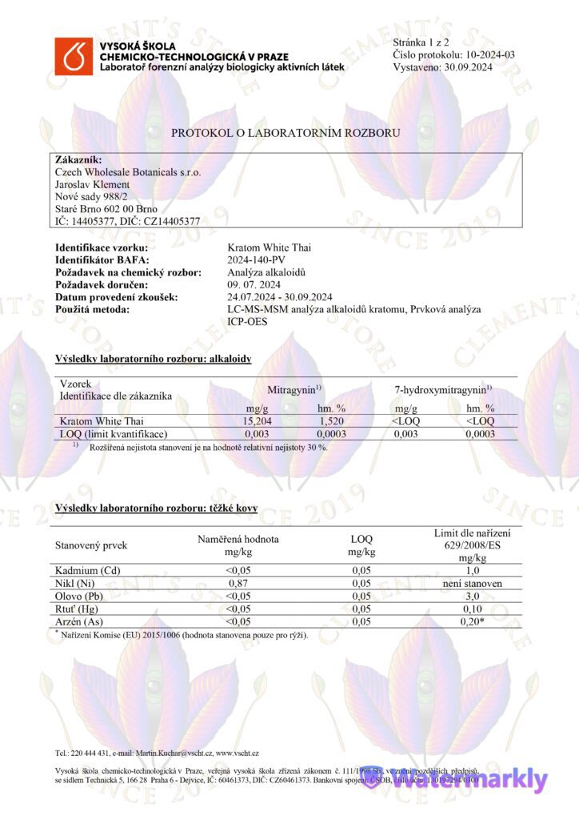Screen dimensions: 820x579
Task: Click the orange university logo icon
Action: pos(74,55)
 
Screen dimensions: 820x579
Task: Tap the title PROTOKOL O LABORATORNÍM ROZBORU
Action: pos(286,133)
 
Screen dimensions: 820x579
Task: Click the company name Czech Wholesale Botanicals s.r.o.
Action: pos(128,172)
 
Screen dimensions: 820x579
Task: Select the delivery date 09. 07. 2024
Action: pos(254,284)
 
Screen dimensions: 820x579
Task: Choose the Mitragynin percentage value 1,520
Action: pos(331,421)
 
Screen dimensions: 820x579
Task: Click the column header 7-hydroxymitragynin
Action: pos(442,389)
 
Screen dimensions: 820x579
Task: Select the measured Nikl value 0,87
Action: pos(238,583)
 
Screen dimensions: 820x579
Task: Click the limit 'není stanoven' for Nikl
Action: pos(472,583)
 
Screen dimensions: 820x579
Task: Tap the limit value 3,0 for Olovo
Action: pos(472,596)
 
